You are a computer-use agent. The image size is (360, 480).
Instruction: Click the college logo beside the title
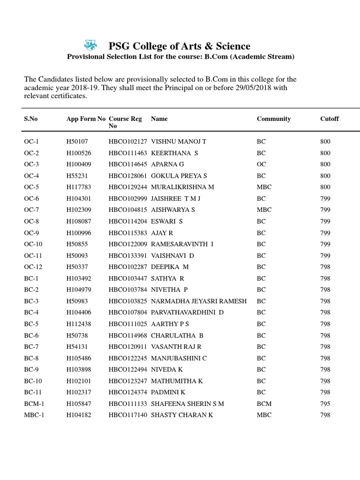click(90, 45)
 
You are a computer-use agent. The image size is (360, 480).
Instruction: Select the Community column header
click(274, 119)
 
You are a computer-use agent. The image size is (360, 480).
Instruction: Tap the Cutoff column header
click(330, 119)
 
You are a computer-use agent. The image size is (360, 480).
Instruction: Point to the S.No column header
click(31, 119)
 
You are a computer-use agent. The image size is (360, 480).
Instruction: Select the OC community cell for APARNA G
click(261, 165)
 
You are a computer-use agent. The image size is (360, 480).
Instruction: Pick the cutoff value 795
click(325, 404)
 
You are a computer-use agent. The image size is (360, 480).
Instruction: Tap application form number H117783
click(79, 187)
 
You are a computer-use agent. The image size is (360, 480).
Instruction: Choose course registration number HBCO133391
click(128, 256)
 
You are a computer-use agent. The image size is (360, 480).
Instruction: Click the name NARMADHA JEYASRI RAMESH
click(199, 301)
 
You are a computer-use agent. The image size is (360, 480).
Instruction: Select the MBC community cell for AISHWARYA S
click(264, 210)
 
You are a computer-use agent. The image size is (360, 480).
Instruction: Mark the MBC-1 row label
click(34, 415)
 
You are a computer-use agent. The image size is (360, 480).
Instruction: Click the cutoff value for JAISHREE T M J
click(325, 199)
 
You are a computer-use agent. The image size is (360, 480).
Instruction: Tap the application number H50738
click(77, 336)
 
